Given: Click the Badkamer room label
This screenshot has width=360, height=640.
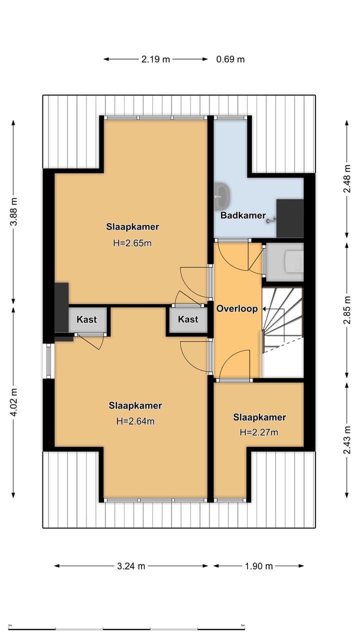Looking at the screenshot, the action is pyautogui.click(x=243, y=215).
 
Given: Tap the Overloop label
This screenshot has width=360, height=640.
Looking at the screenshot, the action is pyautogui.click(x=237, y=308).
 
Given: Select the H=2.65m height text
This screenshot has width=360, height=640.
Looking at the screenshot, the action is pyautogui.click(x=132, y=243).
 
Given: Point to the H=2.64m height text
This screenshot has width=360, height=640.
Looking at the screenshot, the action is pyautogui.click(x=135, y=421).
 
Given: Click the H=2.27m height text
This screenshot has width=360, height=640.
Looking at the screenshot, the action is pyautogui.click(x=259, y=432).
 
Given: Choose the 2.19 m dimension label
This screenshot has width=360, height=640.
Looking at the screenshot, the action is pyautogui.click(x=155, y=59).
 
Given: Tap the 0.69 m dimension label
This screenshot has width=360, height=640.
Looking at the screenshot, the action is pyautogui.click(x=230, y=59).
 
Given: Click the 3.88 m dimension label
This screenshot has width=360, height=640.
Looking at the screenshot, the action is pyautogui.click(x=13, y=211).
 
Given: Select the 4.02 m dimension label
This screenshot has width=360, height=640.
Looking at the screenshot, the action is pyautogui.click(x=13, y=402).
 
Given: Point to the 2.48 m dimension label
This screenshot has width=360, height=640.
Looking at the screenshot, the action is pyautogui.click(x=347, y=179).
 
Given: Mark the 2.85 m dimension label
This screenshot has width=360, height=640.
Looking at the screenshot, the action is pyautogui.click(x=347, y=310).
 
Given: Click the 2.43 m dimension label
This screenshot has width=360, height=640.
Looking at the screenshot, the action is pyautogui.click(x=347, y=440).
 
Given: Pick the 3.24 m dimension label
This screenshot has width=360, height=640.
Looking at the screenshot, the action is pyautogui.click(x=131, y=566).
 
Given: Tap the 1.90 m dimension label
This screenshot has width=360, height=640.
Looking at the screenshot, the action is pyautogui.click(x=259, y=566).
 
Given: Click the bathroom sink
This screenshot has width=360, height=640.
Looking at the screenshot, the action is pyautogui.click(x=222, y=195).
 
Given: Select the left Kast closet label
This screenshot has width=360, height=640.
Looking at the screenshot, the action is pyautogui.click(x=86, y=319).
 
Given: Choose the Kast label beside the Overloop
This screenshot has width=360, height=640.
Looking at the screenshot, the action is pyautogui.click(x=188, y=319).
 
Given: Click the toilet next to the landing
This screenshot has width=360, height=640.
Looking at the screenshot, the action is pyautogui.click(x=294, y=261).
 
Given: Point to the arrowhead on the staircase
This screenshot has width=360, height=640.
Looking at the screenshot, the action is pyautogui.click(x=264, y=309).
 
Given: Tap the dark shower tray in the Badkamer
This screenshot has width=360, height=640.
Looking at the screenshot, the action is pyautogui.click(x=290, y=218).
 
